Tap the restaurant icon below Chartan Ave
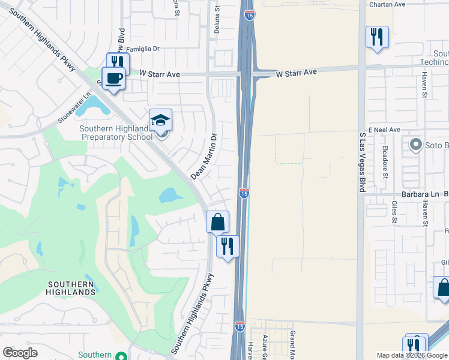coord(377,38)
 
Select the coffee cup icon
coord(113,78)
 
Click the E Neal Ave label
coord(384,130)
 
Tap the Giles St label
coord(394,211)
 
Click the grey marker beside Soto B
coord(415,145)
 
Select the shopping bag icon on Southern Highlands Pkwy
coord(217,222)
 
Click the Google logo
coord(20,353)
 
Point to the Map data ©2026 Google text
coord(412,355)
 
